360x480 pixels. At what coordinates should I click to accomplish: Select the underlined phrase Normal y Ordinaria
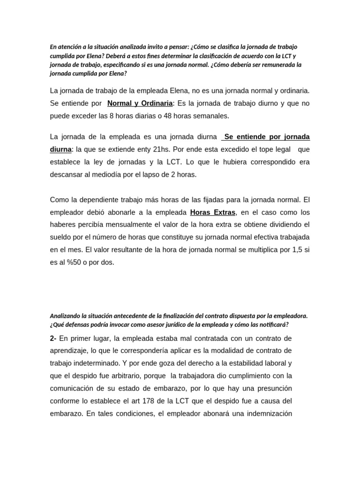(x=140, y=103)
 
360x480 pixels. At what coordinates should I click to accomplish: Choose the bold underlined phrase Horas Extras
(x=212, y=212)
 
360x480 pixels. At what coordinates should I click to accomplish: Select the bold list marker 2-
(x=53, y=338)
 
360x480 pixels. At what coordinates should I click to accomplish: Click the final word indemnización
(x=270, y=413)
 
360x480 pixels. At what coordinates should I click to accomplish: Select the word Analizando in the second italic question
(x=66, y=316)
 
